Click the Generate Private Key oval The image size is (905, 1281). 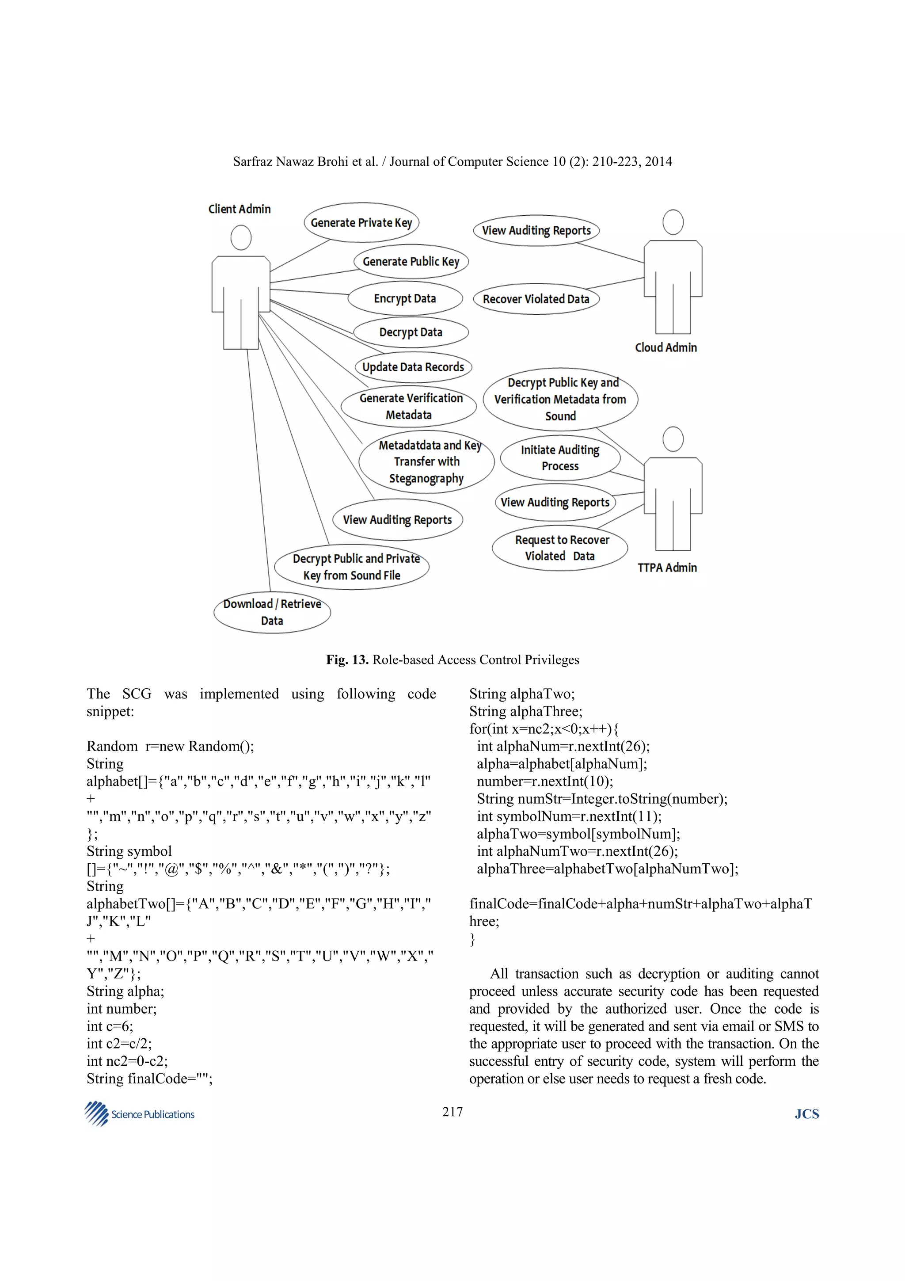pyautogui.click(x=361, y=223)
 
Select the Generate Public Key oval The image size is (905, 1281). pyautogui.click(x=411, y=262)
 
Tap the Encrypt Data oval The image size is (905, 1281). pyautogui.click(x=405, y=298)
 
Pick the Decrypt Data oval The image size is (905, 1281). pyautogui.click(x=411, y=332)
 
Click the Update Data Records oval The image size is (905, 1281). pyautogui.click(x=413, y=367)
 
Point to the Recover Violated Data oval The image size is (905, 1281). pyautogui.click(x=536, y=299)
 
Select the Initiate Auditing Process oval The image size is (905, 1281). pyautogui.click(x=560, y=458)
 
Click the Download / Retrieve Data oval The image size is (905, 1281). pyautogui.click(x=272, y=612)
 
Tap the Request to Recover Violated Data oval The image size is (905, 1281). pyautogui.click(x=560, y=548)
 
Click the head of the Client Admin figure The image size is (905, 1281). pyautogui.click(x=241, y=238)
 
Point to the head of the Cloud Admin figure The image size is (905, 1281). pyautogui.click(x=673, y=222)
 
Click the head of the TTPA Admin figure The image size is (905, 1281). pyautogui.click(x=673, y=439)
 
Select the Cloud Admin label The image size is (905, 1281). pyautogui.click(x=666, y=347)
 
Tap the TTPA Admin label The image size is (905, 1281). pyautogui.click(x=667, y=568)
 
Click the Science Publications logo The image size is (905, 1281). pyautogui.click(x=139, y=1113)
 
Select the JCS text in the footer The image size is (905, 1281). pyautogui.click(x=806, y=1114)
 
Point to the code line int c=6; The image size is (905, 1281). pyautogui.click(x=110, y=1026)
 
